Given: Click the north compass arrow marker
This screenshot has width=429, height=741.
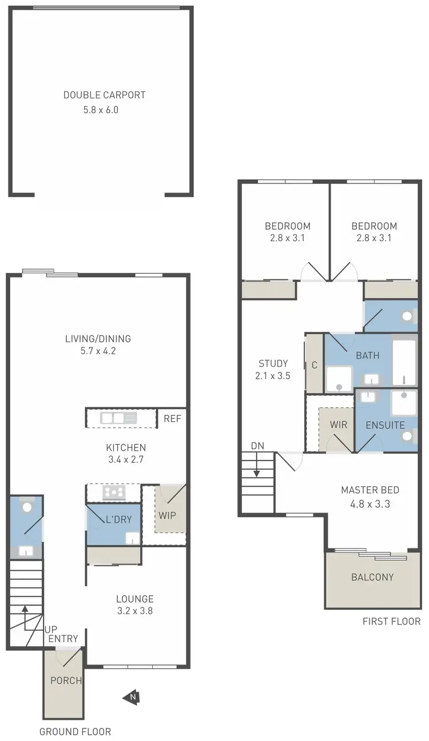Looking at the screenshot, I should point(132,696).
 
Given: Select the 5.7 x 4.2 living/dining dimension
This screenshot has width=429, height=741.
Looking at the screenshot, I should point(98,351).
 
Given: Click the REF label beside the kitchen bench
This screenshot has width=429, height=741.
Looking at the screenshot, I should point(172,418).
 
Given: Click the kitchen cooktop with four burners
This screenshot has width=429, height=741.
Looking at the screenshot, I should point(114,492).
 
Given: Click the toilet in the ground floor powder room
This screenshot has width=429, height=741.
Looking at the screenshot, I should point(26,507).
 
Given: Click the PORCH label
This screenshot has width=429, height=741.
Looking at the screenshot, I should point(66,680).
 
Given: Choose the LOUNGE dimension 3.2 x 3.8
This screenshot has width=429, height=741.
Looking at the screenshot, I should point(134,610).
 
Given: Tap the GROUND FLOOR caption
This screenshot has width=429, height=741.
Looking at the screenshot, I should point(75,731).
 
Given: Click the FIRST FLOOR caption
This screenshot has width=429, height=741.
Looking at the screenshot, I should point(391,621).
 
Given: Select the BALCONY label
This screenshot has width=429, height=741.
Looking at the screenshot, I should point(372,577).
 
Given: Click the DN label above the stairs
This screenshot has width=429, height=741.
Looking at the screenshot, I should point(257,446).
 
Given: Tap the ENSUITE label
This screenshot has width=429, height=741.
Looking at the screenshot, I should point(385,425).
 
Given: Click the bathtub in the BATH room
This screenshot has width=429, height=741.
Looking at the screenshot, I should point(405,363).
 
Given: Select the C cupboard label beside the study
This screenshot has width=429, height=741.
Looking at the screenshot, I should point(314,365).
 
